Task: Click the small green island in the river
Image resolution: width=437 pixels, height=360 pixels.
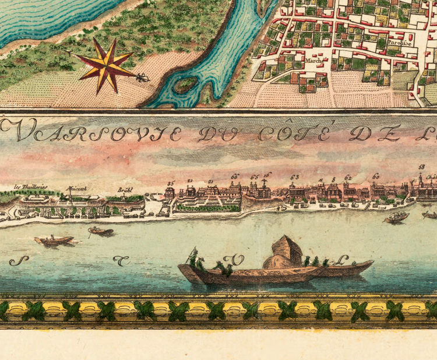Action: pyautogui.click(x=185, y=85)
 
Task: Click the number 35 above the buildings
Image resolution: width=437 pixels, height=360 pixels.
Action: pyautogui.click(x=170, y=183)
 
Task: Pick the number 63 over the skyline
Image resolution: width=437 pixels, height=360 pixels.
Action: pyautogui.click(x=295, y=177)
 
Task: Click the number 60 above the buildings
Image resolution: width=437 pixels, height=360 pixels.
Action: pyautogui.click(x=376, y=177)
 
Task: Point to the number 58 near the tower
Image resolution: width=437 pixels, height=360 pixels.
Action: pyautogui.click(x=421, y=168)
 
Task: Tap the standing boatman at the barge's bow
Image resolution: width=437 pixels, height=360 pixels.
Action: pyautogui.click(x=193, y=256)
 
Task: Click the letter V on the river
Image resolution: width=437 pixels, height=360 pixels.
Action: pyautogui.click(x=237, y=259)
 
